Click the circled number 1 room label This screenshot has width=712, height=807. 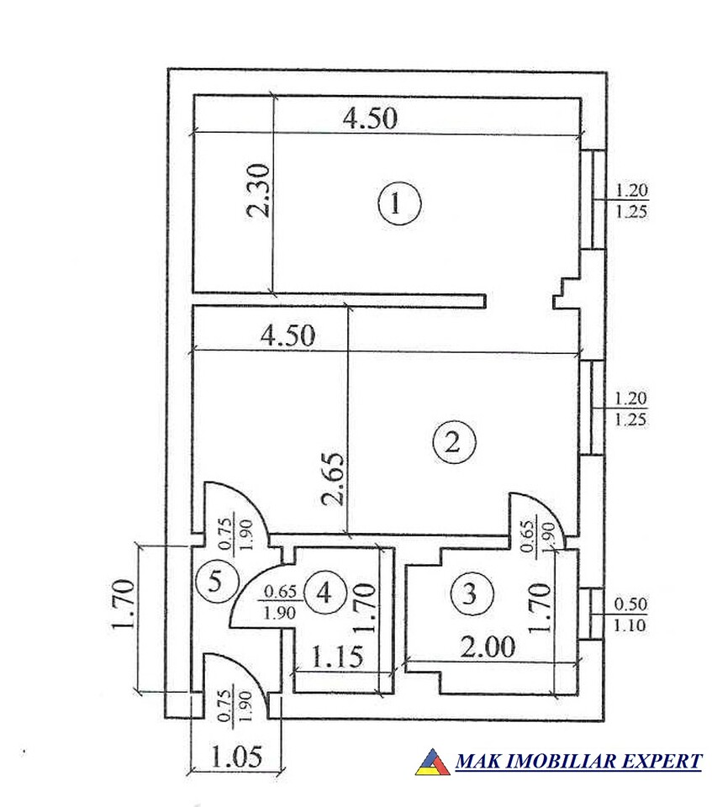coord(399,203)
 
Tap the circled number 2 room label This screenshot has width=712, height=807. coord(454,441)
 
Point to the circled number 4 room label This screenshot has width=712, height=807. coord(324,593)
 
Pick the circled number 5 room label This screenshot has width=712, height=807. coord(216,582)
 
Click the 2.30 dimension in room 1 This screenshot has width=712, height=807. coord(259,191)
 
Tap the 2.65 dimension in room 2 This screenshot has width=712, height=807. coord(331,479)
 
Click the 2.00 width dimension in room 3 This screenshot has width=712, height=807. coord(488,647)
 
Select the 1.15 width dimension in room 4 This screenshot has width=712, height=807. coord(337,657)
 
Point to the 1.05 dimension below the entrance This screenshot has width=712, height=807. coord(236,756)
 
